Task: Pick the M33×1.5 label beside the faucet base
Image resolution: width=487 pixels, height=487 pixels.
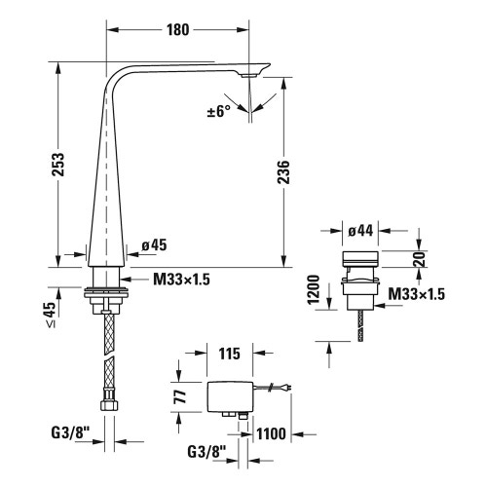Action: pyautogui.click(x=182, y=279)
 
